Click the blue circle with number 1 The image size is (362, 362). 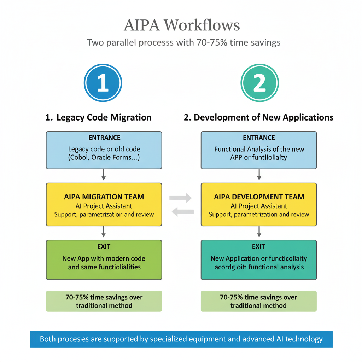tap(103, 83)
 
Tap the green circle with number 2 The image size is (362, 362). tap(259, 83)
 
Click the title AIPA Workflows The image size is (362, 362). tap(182, 25)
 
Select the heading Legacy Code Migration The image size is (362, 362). tap(99, 118)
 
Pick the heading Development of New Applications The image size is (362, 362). tap(258, 118)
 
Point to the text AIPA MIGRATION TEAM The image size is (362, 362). tap(104, 197)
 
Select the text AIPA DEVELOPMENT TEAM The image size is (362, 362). tap(259, 197)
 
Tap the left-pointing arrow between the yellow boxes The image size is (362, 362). tap(182, 212)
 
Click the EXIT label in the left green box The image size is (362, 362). tap(104, 246)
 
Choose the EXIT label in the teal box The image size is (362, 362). tap(259, 246)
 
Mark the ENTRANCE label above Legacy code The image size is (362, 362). tap(104, 138)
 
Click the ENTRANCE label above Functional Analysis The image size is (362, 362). tap(259, 138)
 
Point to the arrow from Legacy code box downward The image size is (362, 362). tap(104, 175)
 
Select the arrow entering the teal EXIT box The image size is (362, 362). tap(259, 232)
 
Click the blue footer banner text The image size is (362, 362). tap(181, 339)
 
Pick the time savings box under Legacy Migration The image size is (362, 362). tap(104, 301)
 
